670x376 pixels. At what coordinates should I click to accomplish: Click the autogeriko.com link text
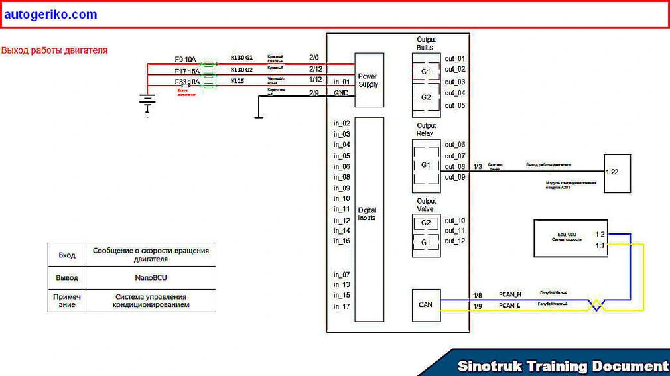coord(50,15)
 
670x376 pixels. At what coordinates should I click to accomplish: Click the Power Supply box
coord(369,80)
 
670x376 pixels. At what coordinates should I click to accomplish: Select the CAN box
coord(425,306)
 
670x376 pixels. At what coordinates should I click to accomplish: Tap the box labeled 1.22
coord(616,173)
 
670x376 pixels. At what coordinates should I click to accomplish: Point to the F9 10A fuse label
coord(185,59)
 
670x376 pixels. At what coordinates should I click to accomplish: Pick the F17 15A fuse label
coord(186,70)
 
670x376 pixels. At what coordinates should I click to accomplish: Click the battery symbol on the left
coord(147,101)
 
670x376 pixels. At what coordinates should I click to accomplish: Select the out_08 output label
coord(454,166)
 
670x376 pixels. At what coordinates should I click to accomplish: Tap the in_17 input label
coord(342,306)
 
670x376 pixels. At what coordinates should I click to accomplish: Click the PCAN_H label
coord(509,294)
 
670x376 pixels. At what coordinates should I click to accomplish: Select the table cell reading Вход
coord(67,255)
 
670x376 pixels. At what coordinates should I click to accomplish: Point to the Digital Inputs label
coord(367,214)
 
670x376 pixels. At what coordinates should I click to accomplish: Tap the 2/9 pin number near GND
coord(314,92)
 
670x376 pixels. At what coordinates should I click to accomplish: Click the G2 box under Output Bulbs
coord(426,97)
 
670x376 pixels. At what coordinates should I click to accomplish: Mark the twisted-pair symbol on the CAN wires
coord(596,305)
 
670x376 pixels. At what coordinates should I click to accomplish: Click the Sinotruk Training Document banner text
coord(563,366)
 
